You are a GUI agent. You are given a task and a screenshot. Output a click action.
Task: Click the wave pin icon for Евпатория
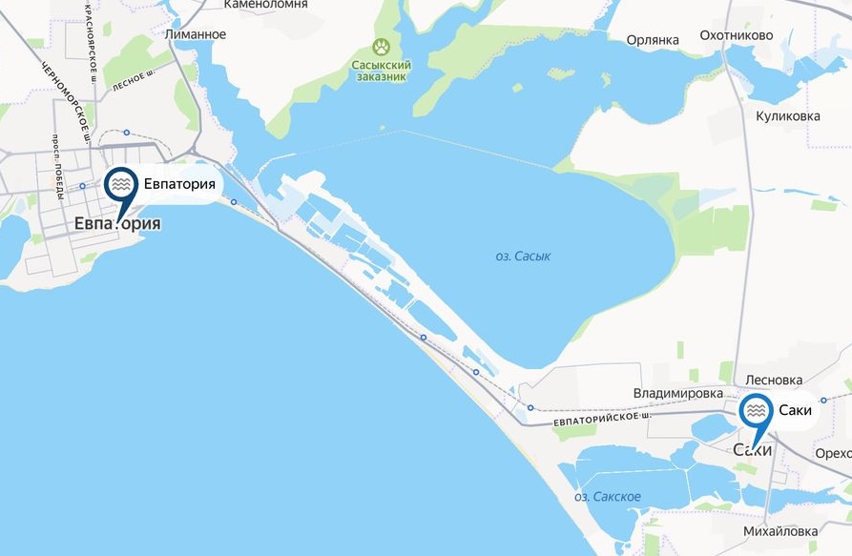coord(120,183)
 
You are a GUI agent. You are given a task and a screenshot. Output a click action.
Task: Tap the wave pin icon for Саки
coord(757,411)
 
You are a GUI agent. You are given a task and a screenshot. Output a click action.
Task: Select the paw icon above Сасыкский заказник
coord(383,46)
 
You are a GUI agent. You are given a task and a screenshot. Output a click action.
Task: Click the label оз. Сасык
coord(524,256)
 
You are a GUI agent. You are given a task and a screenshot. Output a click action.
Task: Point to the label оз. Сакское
coord(608,497)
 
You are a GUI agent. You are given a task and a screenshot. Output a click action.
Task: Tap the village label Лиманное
coord(196,34)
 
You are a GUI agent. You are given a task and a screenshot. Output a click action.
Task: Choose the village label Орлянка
coord(653,40)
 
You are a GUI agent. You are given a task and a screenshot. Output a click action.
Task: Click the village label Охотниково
coord(762,36)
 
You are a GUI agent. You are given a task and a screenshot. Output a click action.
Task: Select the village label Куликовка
coord(787,116)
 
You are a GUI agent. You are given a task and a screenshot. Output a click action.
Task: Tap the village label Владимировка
coord(677,393)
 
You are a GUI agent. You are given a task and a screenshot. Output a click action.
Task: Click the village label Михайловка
coord(779,530)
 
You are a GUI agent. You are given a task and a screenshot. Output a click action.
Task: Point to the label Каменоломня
coord(265,5)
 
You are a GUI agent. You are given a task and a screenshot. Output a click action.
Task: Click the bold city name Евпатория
coord(116,224)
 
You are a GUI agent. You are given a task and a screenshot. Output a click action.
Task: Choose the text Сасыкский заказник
coord(381,71)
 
